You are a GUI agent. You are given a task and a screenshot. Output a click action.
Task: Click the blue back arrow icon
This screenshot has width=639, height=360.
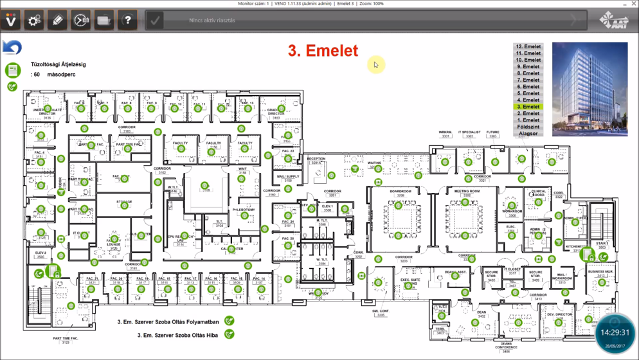(x=12, y=47)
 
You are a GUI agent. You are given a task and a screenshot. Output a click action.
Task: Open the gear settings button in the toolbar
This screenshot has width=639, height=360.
(x=34, y=21)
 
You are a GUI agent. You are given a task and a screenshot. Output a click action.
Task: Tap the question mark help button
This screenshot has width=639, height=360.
(x=127, y=21)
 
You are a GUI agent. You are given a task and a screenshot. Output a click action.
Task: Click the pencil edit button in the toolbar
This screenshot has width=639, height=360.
(x=57, y=21)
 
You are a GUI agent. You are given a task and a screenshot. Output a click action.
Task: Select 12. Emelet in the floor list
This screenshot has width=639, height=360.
(x=528, y=47)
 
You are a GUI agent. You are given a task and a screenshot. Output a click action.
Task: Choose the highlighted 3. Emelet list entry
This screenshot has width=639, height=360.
(x=528, y=107)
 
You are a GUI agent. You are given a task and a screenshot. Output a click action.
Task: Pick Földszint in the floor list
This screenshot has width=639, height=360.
(x=528, y=127)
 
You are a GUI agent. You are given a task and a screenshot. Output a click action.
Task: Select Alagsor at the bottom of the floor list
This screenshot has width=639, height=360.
(x=528, y=134)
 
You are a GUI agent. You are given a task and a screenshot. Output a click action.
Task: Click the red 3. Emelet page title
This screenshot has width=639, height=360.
(x=323, y=51)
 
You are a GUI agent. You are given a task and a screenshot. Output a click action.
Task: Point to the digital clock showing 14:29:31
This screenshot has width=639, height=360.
(x=615, y=333)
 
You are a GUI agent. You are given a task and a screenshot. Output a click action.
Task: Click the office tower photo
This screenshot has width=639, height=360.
(x=589, y=89)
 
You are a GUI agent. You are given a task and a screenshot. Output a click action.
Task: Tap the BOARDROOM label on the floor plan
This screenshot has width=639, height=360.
(x=400, y=192)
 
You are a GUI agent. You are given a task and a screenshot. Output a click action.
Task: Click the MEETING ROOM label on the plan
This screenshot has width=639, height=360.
(x=467, y=192)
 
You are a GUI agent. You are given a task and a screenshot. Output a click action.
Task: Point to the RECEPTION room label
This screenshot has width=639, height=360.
(x=316, y=159)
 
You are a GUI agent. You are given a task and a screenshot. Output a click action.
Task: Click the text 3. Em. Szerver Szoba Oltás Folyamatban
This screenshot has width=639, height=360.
(x=168, y=322)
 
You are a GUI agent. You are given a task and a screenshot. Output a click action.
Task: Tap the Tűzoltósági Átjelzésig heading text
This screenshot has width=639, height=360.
(x=58, y=64)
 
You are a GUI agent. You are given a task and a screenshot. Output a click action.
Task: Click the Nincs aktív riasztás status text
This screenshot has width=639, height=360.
(x=212, y=21)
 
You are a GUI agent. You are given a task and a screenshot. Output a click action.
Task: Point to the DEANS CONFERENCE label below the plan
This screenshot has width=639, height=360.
(x=507, y=346)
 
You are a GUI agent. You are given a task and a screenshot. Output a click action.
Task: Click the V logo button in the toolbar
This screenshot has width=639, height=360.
(x=11, y=21)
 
